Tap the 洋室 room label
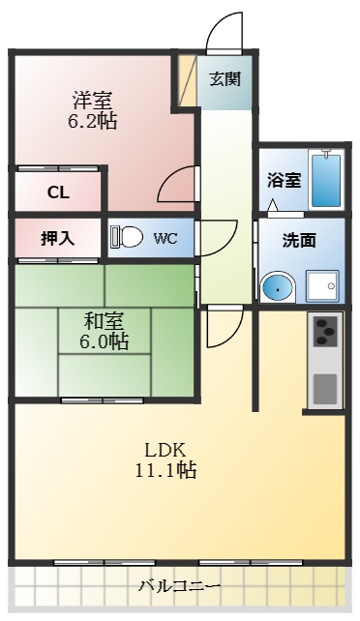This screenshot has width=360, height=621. coord(92,100)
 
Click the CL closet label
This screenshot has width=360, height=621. coord(58,192)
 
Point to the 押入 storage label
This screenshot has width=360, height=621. coord(57,237)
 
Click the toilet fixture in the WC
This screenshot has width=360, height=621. coord(126,237)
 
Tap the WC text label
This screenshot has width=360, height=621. coord(165,238)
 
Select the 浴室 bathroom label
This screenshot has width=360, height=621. coord(283,180)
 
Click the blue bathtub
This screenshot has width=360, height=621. coord(327,179)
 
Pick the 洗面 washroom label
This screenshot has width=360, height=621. coord(300,241)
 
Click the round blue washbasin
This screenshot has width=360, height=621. coord(279,287)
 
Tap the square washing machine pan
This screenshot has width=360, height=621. coord(321,287)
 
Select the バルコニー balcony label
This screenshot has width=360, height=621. coord(179,586)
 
